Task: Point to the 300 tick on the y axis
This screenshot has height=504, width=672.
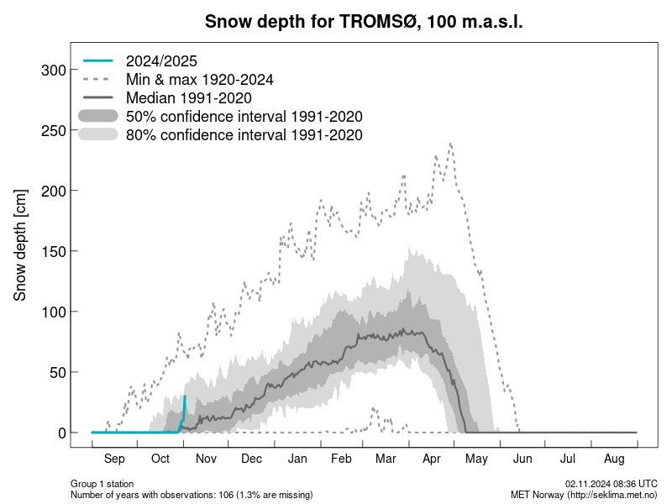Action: pos(53,70)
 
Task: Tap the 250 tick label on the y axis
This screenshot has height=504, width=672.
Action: pos(53,130)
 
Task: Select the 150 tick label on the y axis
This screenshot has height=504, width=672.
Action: pos(53,251)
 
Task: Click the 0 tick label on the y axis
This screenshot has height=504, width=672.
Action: pos(61,433)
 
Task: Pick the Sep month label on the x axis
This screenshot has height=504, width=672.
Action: pos(114,459)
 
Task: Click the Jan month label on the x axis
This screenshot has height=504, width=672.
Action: pos(297,459)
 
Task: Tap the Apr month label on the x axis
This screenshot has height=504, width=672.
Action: pos(432,459)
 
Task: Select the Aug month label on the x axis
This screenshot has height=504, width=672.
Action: pos(614,459)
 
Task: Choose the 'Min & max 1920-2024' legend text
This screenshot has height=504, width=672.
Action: pos(199,79)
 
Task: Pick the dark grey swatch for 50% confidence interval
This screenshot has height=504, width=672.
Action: pos(99,116)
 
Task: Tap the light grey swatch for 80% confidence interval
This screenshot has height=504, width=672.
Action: pos(99,134)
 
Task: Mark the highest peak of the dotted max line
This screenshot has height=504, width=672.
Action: pos(451,143)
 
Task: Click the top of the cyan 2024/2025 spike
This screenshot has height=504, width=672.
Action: pos(185,396)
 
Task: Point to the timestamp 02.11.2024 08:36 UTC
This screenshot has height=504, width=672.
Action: pos(611,484)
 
